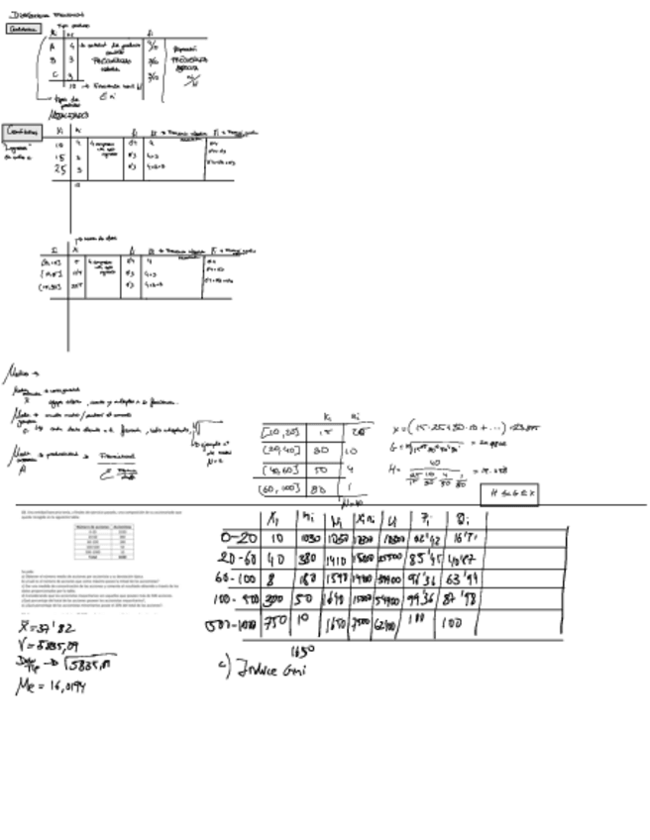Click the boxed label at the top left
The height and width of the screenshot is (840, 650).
pos(21,29)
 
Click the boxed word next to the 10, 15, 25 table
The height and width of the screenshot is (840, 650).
pos(24,131)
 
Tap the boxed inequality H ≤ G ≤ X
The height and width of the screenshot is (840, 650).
pos(509,494)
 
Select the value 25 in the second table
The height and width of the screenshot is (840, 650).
pos(60,168)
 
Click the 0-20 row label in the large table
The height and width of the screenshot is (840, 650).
pos(239,537)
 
